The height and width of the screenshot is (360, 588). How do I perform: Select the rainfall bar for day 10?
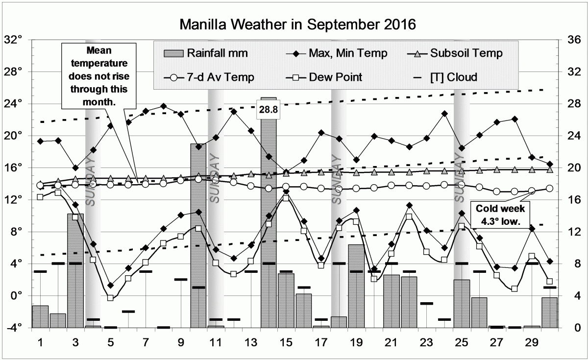[198, 235]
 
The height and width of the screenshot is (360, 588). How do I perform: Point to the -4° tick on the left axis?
[14, 328]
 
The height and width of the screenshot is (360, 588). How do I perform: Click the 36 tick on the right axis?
[574, 40]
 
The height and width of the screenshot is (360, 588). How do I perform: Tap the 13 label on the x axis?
[251, 341]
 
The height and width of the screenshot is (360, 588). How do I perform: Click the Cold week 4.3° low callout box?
[502, 215]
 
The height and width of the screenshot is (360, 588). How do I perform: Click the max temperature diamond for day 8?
[163, 106]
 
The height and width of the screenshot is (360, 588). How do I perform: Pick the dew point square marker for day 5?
[110, 298]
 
